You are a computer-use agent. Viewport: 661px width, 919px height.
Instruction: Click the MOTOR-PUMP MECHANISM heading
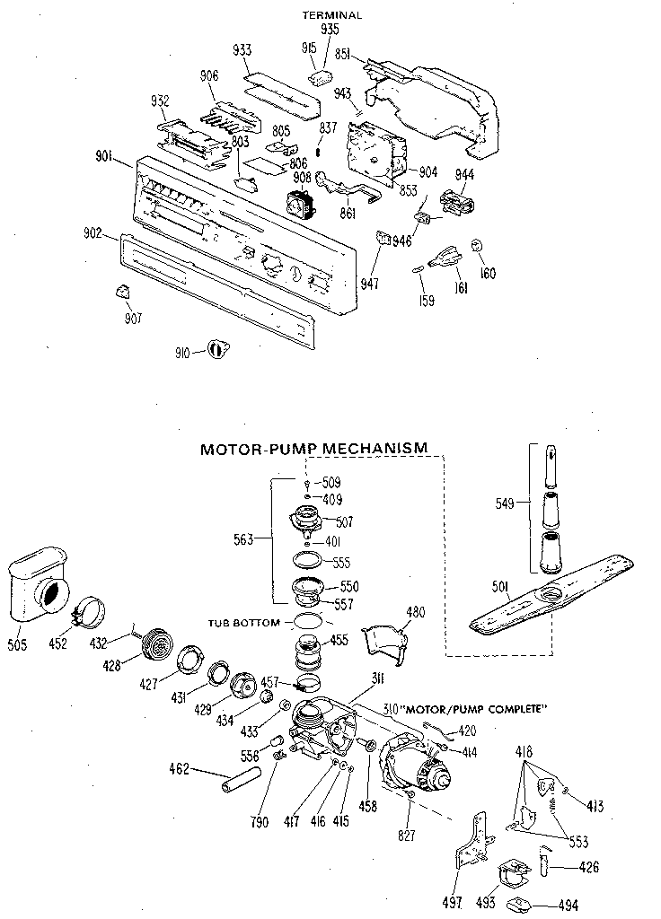point(313,447)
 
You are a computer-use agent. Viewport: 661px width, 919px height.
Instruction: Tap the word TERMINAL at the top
point(332,15)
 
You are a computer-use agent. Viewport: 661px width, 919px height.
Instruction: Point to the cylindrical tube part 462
point(236,777)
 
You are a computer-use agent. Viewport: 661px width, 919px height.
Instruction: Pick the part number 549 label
point(504,504)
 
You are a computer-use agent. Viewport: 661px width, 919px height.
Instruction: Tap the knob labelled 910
point(216,350)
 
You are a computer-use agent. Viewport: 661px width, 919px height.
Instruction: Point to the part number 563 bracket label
point(242,539)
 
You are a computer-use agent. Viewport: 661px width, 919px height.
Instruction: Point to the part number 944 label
point(464,173)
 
